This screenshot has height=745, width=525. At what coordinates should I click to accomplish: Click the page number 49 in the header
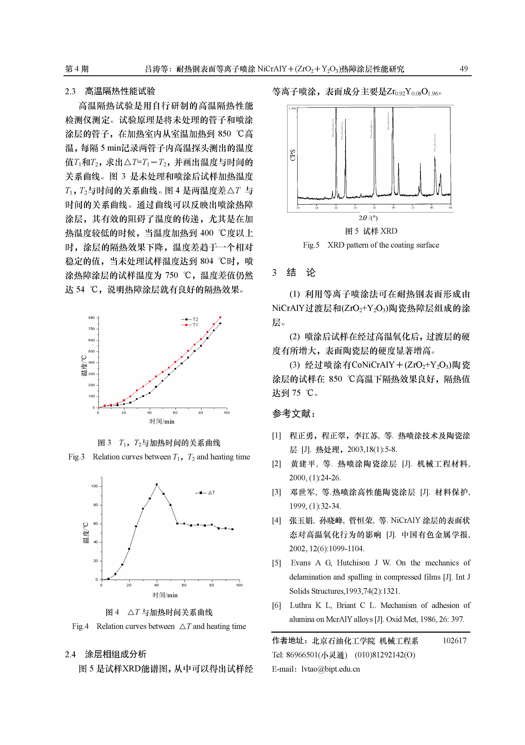pos(464,69)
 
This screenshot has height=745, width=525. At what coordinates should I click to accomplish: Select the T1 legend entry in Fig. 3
pos(190,325)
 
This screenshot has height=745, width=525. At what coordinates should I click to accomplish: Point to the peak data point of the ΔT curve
pos(157,485)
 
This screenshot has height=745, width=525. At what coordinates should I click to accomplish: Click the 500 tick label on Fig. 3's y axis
pos(92,351)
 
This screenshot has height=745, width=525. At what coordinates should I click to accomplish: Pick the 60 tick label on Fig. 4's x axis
pos(184,585)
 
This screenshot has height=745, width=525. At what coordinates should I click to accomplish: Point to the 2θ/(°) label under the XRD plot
pos(368,218)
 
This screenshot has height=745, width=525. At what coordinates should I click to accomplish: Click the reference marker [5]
pos(277,563)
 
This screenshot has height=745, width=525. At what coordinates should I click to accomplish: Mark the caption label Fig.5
pos(311,245)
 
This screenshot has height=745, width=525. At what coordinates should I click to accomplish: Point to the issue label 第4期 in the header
pos(77,69)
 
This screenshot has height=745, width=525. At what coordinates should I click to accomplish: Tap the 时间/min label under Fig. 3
pos(162,421)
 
